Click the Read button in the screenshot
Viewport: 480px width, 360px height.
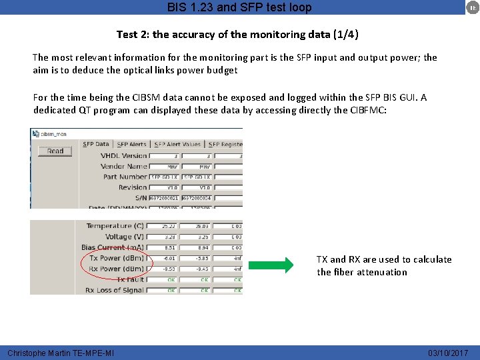(55, 151)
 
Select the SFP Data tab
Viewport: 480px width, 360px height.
(96, 144)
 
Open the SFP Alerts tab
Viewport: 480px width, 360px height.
(131, 144)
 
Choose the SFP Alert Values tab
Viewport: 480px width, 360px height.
(177, 144)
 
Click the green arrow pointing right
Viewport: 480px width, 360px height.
(271, 265)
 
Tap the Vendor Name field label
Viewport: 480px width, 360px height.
(123, 166)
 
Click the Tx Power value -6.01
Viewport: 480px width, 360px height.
(170, 259)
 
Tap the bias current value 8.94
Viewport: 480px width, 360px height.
(203, 248)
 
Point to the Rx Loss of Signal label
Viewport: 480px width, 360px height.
(115, 290)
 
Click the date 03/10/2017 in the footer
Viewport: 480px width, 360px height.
(448, 353)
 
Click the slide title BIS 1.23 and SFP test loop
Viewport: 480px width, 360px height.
(239, 8)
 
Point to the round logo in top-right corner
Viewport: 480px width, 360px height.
(471, 7)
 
